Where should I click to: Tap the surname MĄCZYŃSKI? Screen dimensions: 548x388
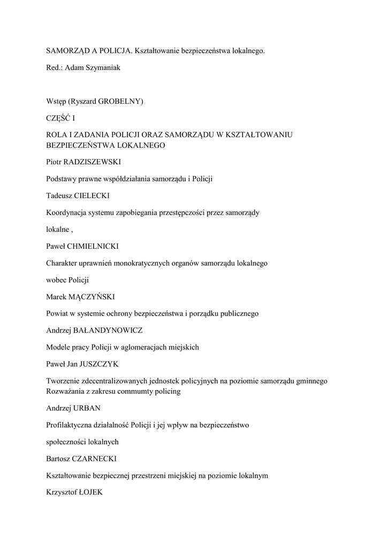point(95,296)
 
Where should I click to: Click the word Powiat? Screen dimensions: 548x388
point(58,313)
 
